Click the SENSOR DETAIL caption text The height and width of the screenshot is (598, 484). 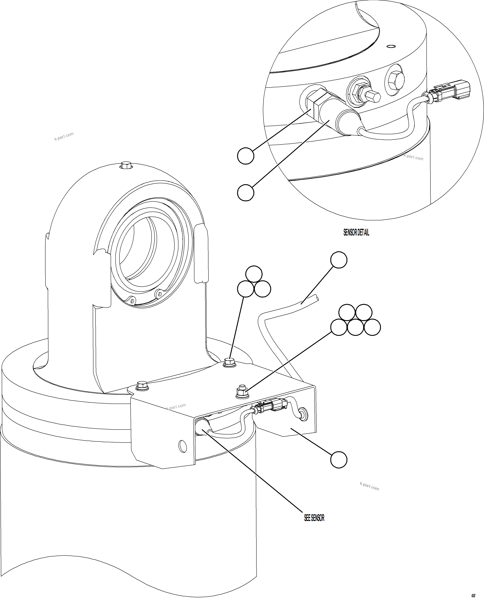point(356,232)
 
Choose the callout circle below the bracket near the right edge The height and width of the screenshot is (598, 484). point(338,460)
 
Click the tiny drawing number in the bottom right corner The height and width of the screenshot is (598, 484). point(473,595)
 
